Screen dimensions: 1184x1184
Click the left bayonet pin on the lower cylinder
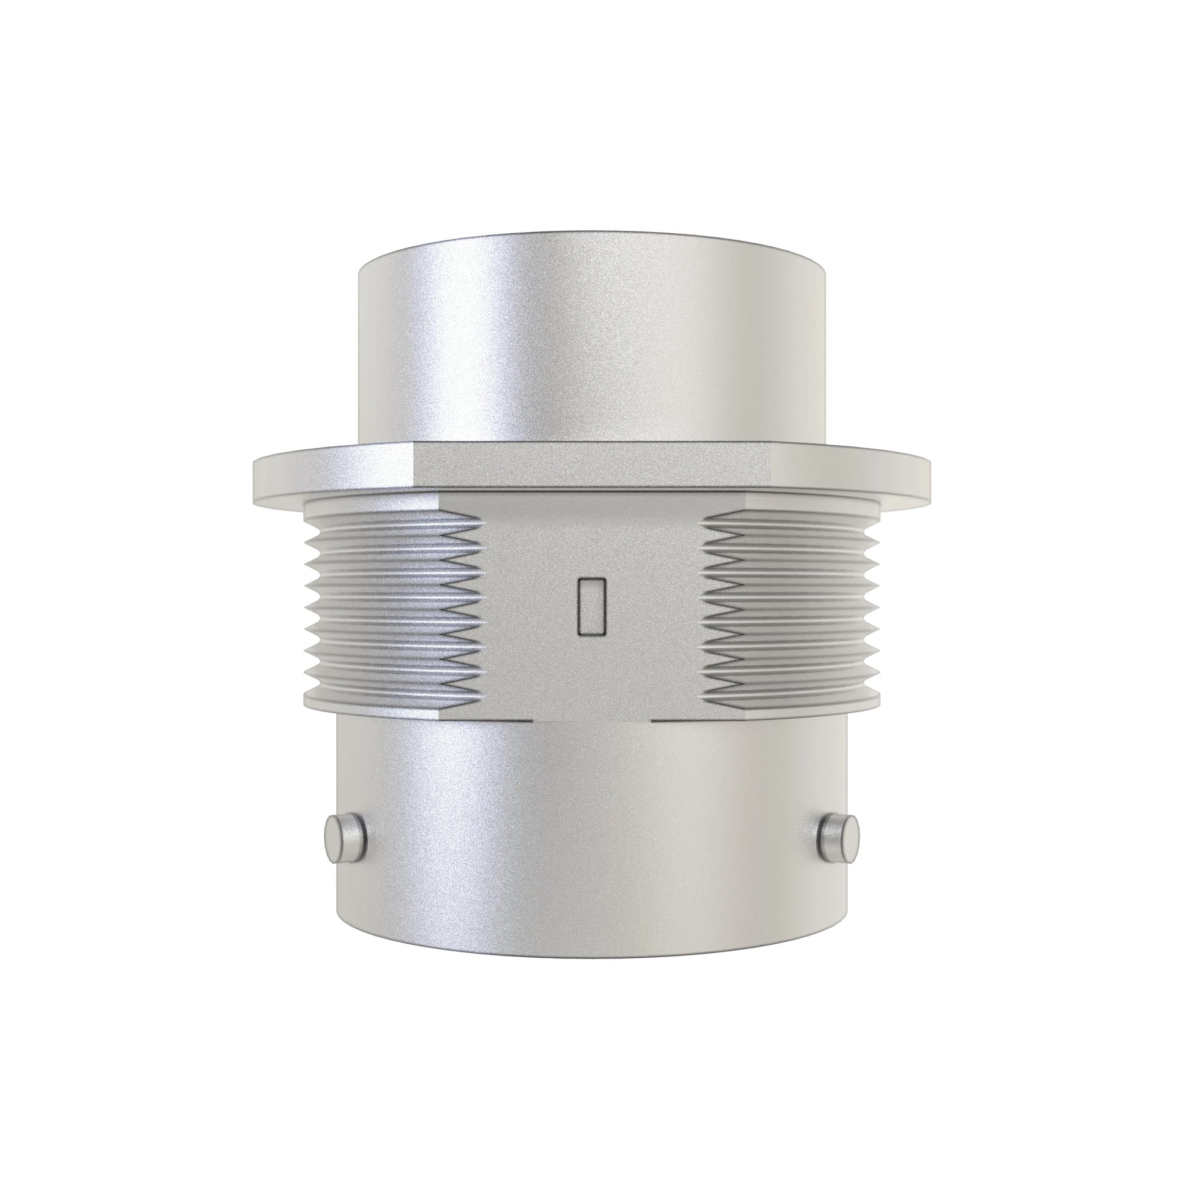[345, 839]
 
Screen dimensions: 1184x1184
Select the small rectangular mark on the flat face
[591, 606]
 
